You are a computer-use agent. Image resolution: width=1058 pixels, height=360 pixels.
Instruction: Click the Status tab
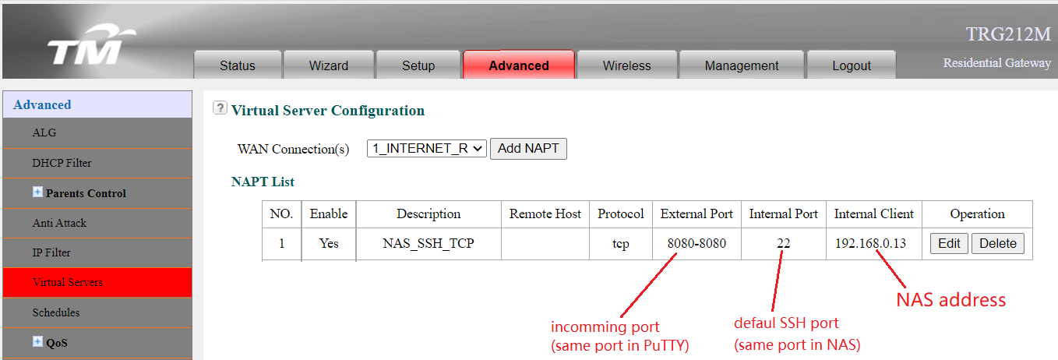coord(237,65)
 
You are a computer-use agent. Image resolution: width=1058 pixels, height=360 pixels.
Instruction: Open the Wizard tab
coord(328,65)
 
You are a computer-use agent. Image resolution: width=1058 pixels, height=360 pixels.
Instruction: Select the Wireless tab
coord(626,65)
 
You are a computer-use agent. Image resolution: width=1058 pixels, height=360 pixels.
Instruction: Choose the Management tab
coord(742,65)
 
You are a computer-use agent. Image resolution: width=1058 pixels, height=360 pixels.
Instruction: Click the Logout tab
coord(851,65)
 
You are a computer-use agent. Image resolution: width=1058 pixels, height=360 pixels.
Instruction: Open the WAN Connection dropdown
coord(426,148)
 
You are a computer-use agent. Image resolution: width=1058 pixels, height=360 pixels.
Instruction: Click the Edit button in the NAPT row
coord(949,243)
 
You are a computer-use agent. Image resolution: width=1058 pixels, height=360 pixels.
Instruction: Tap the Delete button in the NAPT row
coord(997,243)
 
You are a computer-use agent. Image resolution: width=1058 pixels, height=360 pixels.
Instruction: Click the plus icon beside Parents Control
coord(37,192)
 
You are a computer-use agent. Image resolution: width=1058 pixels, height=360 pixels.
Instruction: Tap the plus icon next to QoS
coord(37,341)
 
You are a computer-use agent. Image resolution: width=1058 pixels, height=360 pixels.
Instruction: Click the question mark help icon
coord(220,108)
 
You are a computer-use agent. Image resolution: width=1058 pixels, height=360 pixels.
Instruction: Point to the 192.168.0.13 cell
coord(870,243)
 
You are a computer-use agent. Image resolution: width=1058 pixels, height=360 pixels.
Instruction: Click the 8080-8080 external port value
coord(697,243)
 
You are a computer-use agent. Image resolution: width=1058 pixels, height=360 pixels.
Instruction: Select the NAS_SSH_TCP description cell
coord(428,243)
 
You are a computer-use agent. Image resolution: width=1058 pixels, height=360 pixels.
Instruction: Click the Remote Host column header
coord(545,214)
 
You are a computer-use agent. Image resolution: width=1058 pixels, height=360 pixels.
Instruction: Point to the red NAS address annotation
coord(950,300)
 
